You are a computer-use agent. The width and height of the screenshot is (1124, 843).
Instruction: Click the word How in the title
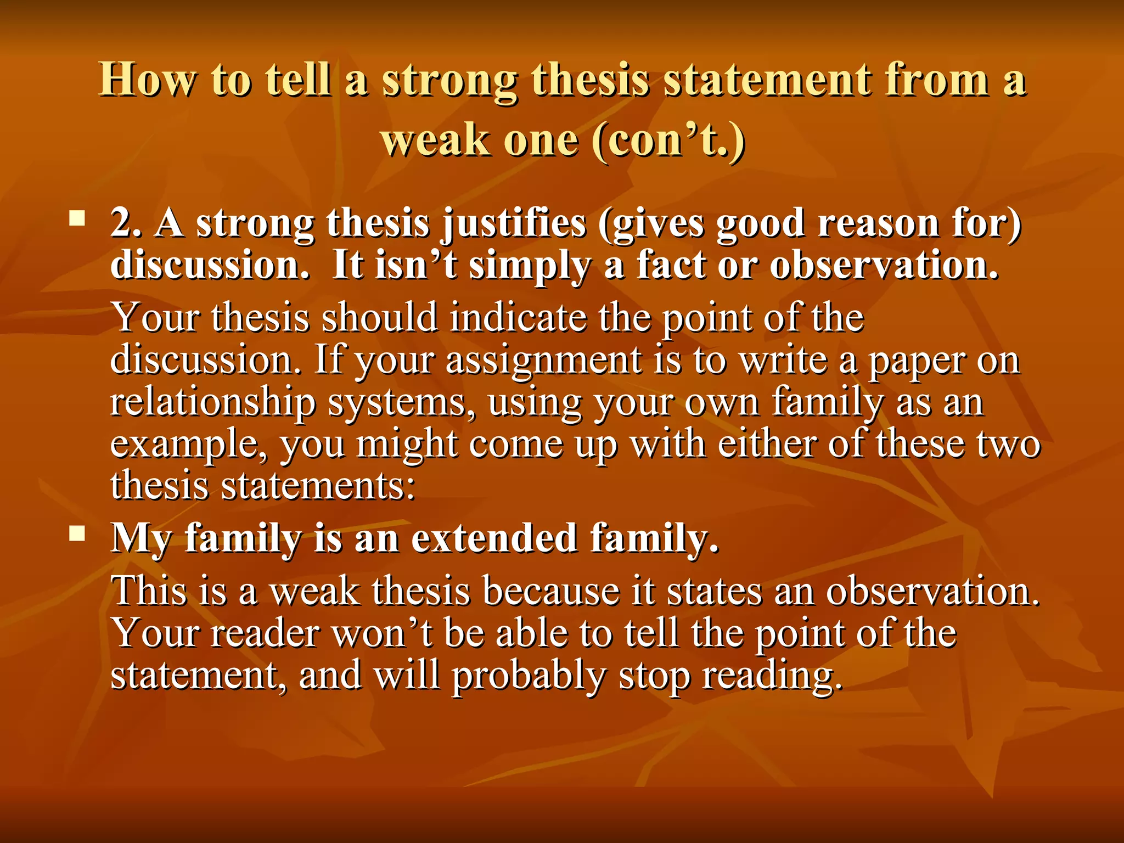[x=147, y=80]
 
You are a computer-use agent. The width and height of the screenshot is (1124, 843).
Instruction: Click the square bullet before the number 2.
[x=77, y=220]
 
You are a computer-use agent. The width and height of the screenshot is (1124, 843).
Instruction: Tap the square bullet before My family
[x=77, y=533]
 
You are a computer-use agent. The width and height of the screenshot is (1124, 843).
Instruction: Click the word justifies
[x=514, y=223]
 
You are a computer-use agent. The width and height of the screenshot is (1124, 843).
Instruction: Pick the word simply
[x=530, y=266]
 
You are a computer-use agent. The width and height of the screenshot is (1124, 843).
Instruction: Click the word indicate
[x=518, y=318]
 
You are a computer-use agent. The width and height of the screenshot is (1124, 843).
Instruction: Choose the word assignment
[x=544, y=361]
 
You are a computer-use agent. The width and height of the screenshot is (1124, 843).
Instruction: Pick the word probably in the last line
[x=529, y=676]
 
